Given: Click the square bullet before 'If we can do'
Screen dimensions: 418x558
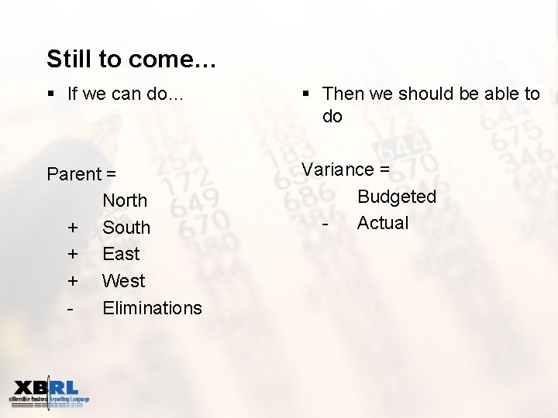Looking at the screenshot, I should (51, 94).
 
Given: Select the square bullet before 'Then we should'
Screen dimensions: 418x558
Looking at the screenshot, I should (306, 94).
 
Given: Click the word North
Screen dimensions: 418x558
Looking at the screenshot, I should (125, 200).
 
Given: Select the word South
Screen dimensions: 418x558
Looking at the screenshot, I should (126, 228).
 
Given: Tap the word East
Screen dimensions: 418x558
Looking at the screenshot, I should (121, 254).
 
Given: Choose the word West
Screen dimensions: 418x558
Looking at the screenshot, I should (123, 281).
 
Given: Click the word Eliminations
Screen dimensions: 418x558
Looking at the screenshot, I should (152, 308).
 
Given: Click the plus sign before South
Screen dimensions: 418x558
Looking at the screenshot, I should (72, 228).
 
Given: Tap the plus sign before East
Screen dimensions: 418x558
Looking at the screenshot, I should (72, 255).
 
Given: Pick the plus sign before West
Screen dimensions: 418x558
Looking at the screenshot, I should (72, 281).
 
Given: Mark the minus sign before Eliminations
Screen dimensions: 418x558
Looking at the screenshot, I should (71, 308).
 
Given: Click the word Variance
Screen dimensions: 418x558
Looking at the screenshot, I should (336, 170).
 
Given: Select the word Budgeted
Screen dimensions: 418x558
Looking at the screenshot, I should (396, 197).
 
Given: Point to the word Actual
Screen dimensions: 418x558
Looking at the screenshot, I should (382, 223).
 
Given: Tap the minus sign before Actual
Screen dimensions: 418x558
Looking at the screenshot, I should (326, 224).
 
